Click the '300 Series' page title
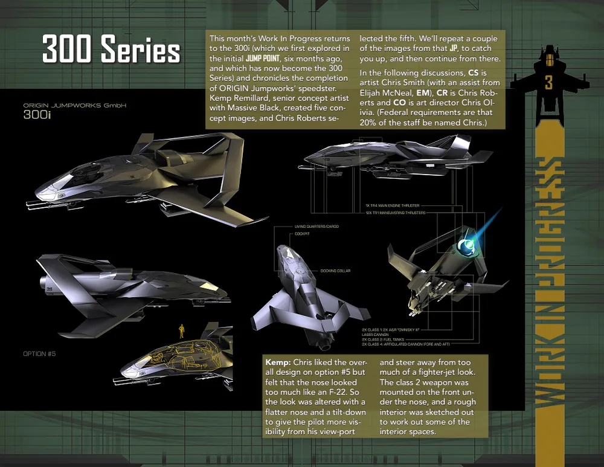pos(111,50)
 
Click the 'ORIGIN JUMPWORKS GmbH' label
pos(75,106)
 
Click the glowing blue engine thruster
pos(466,245)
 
